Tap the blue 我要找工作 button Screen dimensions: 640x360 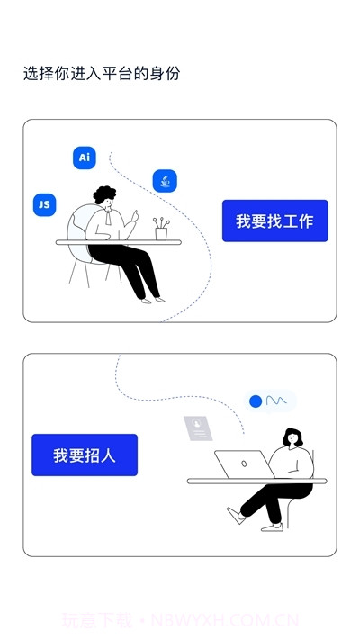click(x=274, y=221)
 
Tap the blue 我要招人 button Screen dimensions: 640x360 click(x=85, y=455)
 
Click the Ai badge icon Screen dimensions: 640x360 click(x=85, y=158)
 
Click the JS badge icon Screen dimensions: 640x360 click(x=43, y=204)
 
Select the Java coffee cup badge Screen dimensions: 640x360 click(x=165, y=181)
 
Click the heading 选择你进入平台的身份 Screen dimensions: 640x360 click(x=102, y=74)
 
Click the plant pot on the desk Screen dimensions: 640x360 click(x=161, y=232)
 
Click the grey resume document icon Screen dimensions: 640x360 click(x=199, y=428)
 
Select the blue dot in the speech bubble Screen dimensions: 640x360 click(x=256, y=401)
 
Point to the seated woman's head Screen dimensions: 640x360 click(x=293, y=437)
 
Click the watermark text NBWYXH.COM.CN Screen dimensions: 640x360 click(x=225, y=620)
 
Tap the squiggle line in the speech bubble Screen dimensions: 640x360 click(x=276, y=401)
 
